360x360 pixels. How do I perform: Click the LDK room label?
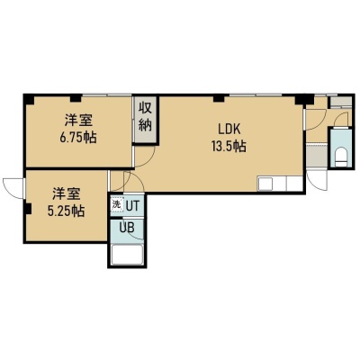tap(229, 130)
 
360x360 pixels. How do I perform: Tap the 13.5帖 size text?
tap(229, 146)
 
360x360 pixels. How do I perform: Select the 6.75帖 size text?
tap(78, 138)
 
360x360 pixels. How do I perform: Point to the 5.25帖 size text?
tap(66, 211)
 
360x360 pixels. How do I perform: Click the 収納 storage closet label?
tap(145, 117)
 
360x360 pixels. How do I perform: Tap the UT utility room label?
tap(132, 206)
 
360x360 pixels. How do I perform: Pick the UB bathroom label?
tap(127, 228)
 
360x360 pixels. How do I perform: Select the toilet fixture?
tap(341, 156)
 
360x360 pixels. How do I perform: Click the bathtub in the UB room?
tap(127, 255)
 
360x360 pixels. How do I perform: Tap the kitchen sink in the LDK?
tap(265, 184)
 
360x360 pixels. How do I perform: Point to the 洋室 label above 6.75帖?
tap(78, 121)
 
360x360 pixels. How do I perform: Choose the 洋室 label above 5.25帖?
tap(67, 193)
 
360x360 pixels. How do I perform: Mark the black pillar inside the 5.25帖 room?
tap(28, 209)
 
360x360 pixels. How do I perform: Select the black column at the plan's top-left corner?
tap(29, 99)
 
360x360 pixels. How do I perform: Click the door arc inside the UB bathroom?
tap(137, 237)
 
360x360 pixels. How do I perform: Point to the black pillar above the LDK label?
tap(219, 98)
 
